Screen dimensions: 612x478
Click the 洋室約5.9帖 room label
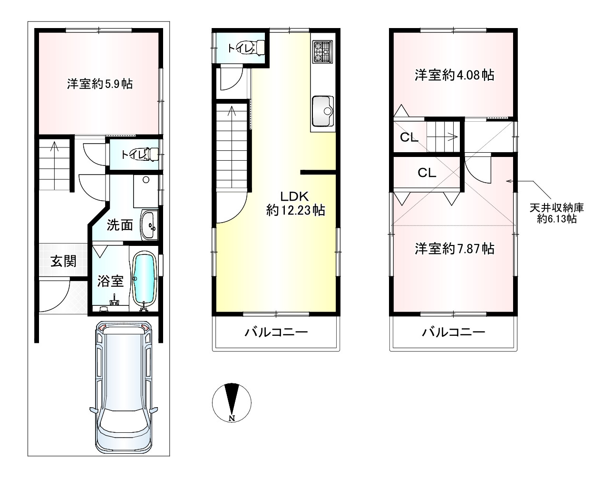pos(100,84)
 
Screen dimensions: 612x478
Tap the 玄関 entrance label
pos(63,262)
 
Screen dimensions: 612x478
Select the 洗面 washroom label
pos(120,225)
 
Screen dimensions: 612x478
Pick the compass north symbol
pos(232,402)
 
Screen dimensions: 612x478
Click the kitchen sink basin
pos(323,111)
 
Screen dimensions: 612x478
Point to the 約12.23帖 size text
pos(296,210)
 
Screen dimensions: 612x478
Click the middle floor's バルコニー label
pos(276,332)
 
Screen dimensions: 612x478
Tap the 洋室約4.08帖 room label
pos(454,75)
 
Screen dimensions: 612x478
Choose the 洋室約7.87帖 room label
pos(454,249)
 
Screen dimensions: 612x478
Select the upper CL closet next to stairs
pos(409,137)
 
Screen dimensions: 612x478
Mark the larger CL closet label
pos(427,173)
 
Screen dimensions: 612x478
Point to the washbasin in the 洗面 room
pos(149,225)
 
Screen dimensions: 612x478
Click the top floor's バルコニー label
pos(454,332)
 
